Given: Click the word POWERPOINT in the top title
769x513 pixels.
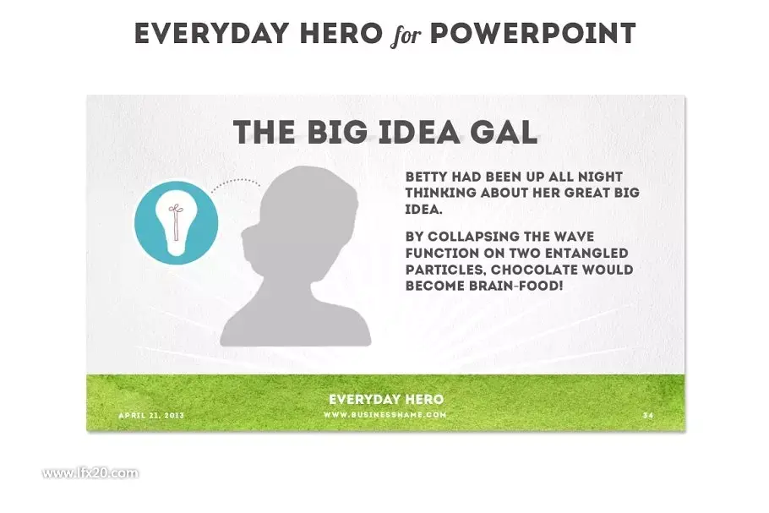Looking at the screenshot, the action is click(532, 34).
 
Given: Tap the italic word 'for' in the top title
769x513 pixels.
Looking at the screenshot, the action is click(406, 35).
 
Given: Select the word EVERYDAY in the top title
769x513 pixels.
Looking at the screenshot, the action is click(211, 34).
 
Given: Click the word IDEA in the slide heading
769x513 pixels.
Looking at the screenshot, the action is click(417, 132).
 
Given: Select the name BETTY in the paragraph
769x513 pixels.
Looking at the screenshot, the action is click(426, 177).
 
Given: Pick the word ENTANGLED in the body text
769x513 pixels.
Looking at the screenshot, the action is click(586, 253).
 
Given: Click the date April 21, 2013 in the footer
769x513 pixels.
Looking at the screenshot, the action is click(151, 416).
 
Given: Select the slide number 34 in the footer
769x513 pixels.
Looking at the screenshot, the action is click(648, 416).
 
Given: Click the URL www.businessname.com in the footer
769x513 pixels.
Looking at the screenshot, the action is click(385, 415).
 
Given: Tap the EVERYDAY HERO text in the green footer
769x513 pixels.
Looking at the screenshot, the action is click(386, 400).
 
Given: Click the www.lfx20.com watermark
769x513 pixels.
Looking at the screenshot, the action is click(90, 473).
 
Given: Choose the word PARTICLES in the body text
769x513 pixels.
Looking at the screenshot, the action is click(446, 270).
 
